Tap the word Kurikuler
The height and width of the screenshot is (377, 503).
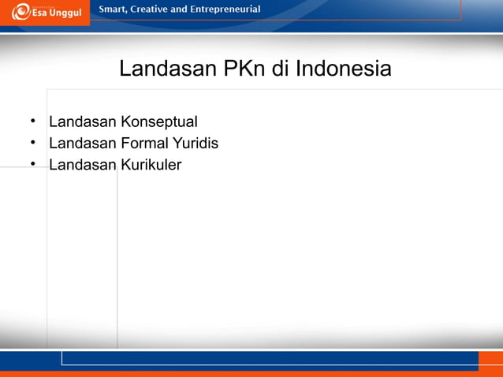pyautogui.click(x=151, y=165)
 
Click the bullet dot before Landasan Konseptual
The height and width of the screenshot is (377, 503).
pyautogui.click(x=33, y=122)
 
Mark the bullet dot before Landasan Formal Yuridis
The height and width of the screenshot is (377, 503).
pyautogui.click(x=33, y=144)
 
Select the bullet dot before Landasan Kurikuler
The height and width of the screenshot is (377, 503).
pyautogui.click(x=33, y=165)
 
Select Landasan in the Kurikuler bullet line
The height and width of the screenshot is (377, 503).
pyautogui.click(x=83, y=165)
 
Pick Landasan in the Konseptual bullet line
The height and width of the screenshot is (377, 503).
pyautogui.click(x=83, y=122)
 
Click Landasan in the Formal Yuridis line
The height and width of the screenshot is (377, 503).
pyautogui.click(x=83, y=144)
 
